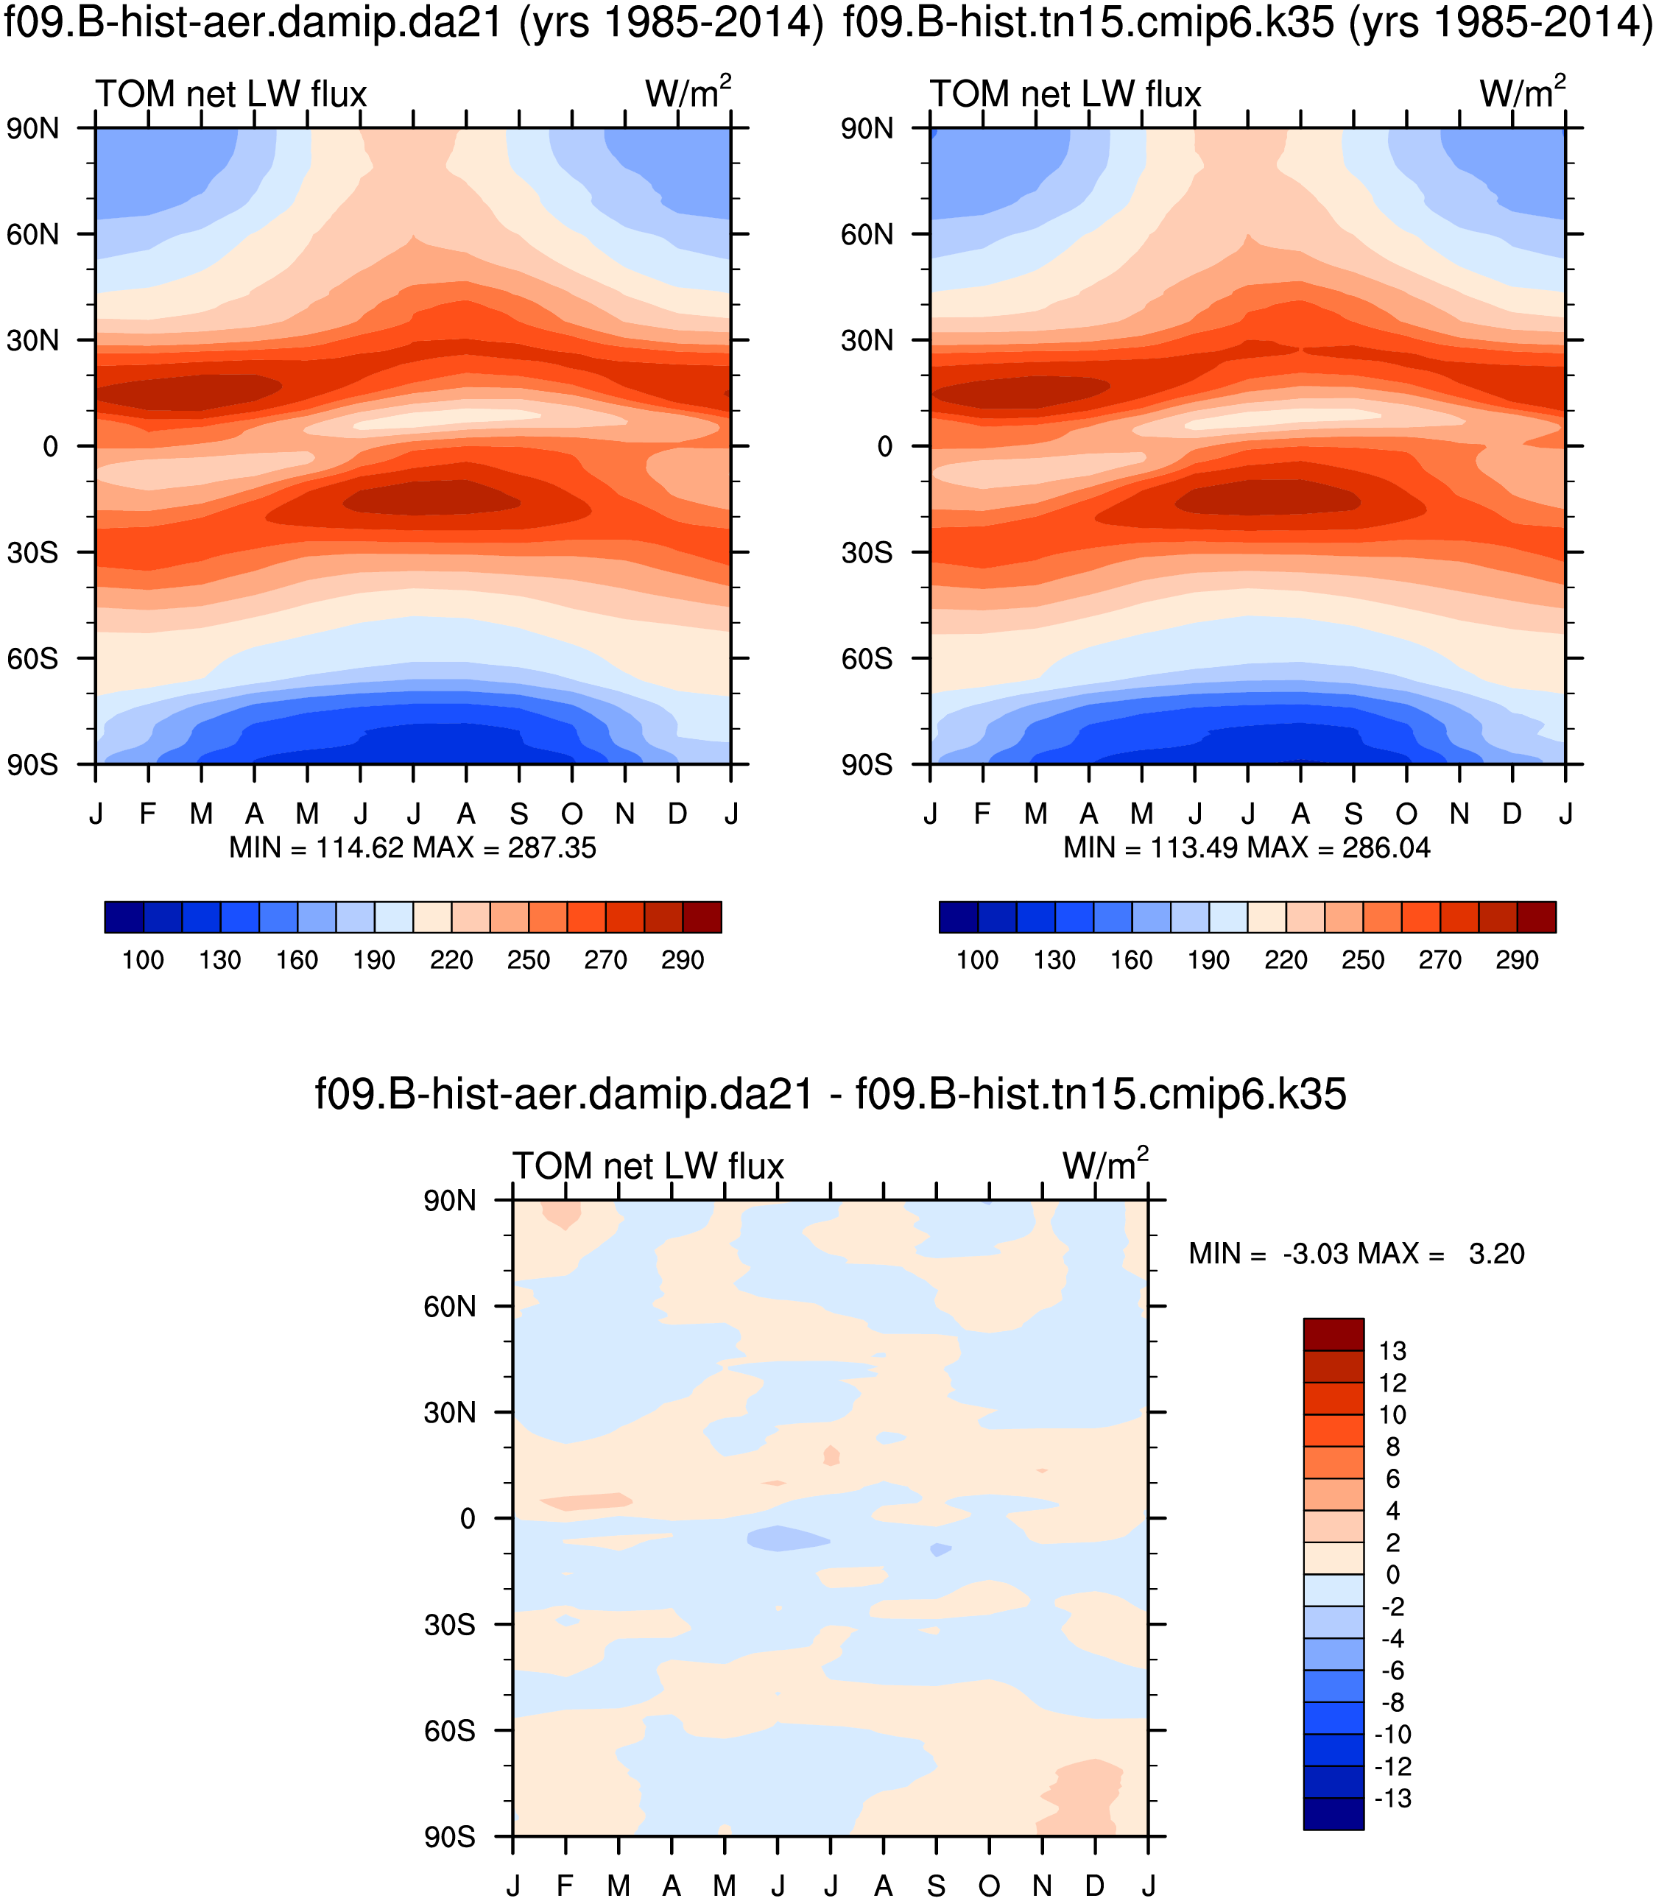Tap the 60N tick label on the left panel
tap(32, 235)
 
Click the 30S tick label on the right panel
tap(866, 553)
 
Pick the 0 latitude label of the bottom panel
tap(468, 1518)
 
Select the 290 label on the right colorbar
tap(1516, 960)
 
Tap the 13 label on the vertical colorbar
tap(1392, 1351)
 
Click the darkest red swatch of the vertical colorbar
tap(1333, 1335)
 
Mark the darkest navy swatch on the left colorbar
tap(124, 917)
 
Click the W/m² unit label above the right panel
tap(1521, 94)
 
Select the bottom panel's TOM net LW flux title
tap(648, 1166)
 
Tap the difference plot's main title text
tap(830, 1094)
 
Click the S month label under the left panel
tap(518, 814)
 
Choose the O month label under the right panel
tap(1406, 814)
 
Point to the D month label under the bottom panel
tap(1094, 1886)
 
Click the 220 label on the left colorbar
tap(451, 960)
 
